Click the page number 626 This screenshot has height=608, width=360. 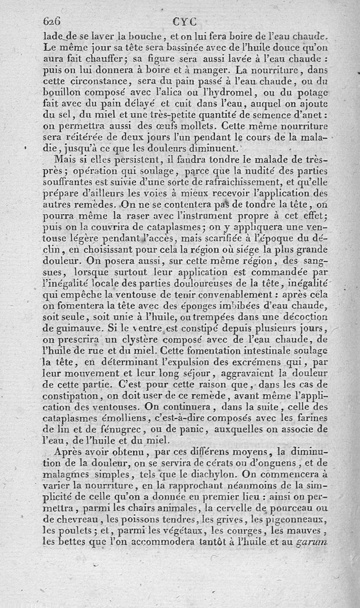51,21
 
